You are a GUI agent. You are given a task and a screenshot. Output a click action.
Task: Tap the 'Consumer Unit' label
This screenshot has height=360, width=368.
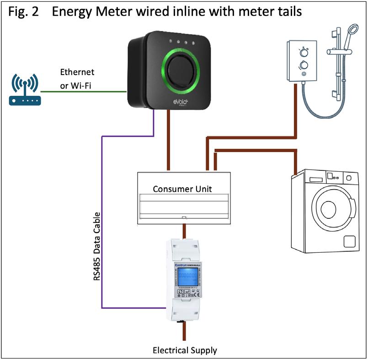point(182,189)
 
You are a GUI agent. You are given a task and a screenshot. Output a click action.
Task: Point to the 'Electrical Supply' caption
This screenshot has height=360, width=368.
point(185,350)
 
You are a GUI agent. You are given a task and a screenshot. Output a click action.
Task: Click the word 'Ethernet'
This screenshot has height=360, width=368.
point(77,72)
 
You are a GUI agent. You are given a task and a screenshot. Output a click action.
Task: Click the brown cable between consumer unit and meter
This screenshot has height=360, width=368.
point(184,231)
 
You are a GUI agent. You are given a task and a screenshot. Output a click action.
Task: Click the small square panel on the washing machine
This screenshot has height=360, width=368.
point(349,241)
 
